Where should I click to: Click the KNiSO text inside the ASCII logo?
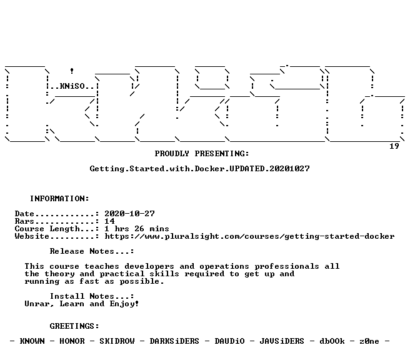coord(72,86)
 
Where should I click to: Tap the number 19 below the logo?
coord(394,146)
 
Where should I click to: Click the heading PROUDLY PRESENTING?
coord(202,154)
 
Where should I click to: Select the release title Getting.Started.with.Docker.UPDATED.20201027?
coord(200,169)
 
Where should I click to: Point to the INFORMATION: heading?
coord(59,199)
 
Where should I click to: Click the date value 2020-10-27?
coord(130,214)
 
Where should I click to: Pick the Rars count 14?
coord(109,221)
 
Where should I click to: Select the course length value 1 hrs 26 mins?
coord(137,229)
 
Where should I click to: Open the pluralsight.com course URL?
coord(250,236)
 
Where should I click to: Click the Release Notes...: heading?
coord(92,251)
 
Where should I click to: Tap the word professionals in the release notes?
coord(287,266)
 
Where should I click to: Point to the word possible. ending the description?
coord(142,282)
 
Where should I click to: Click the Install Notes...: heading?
coord(92,296)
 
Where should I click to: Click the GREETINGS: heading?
coord(74,326)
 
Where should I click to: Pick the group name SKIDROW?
coord(117,341)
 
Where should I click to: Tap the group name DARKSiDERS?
coord(174,341)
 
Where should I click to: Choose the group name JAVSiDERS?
coord(282,341)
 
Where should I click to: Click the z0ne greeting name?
coord(369,341)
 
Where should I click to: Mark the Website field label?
coord(32,236)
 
